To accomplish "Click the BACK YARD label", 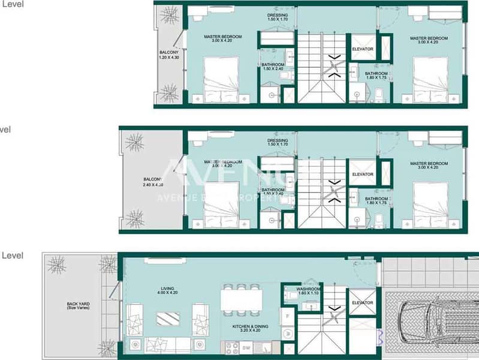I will coord(78,306).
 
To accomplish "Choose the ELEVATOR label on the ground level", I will coord(363,303).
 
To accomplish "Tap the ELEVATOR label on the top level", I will coord(363,49).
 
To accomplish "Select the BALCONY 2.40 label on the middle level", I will coord(152,182).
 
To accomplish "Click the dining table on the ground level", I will coord(242,300).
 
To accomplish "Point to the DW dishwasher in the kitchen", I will coord(246,347).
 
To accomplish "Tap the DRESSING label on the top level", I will coord(278,17).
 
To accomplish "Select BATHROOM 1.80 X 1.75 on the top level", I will coord(376,76).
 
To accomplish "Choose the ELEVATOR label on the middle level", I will coord(363,175).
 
